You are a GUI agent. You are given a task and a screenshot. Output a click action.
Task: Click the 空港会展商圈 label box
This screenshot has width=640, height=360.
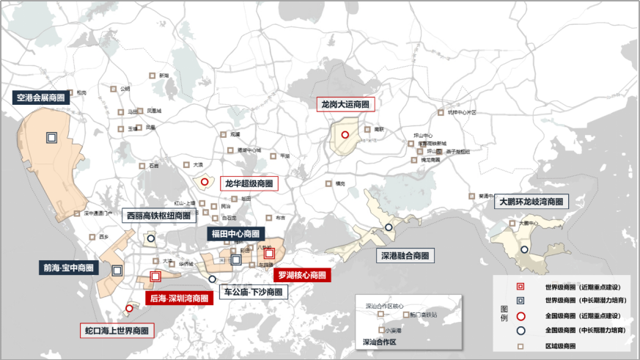[40, 97]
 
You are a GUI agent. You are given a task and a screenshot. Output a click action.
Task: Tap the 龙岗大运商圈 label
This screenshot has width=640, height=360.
[345, 105]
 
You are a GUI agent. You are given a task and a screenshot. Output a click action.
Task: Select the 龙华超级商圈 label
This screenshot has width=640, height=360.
[249, 183]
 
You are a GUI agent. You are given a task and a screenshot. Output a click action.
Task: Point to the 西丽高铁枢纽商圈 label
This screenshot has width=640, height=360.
[158, 216]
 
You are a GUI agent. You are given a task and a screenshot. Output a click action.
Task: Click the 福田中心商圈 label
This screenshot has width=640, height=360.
[235, 234]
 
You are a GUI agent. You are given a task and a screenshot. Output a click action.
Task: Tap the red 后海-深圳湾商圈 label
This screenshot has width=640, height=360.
[179, 298]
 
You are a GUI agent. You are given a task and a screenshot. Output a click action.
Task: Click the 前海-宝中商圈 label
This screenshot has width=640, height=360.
[67, 268]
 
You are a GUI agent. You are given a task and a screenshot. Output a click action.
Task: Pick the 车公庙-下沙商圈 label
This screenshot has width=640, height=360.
[253, 292]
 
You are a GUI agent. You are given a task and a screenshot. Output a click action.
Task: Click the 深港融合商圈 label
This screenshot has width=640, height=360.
[405, 257]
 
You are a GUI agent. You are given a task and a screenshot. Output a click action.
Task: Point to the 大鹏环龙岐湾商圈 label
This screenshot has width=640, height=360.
[532, 202]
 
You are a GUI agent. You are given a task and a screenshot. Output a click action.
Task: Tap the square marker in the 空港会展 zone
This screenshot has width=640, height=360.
[51, 137]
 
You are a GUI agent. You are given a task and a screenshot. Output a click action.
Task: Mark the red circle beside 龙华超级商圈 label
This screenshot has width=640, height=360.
[205, 181]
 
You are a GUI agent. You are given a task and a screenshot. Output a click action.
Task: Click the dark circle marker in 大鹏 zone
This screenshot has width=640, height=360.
[524, 250]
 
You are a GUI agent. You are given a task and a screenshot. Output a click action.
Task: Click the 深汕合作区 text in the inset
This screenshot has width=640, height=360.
[379, 342]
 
